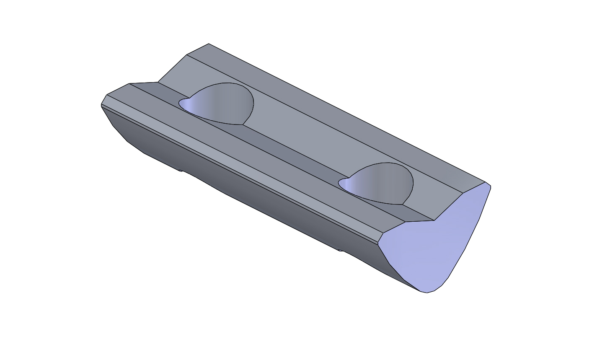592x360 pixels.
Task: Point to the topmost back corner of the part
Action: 209,44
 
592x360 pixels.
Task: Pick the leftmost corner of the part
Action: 101,105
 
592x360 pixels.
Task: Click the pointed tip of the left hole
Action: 179,102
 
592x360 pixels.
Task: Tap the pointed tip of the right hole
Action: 339,181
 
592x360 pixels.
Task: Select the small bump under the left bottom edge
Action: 181,170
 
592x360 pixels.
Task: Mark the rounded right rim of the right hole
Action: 412,184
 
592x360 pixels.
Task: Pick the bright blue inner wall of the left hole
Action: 189,105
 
